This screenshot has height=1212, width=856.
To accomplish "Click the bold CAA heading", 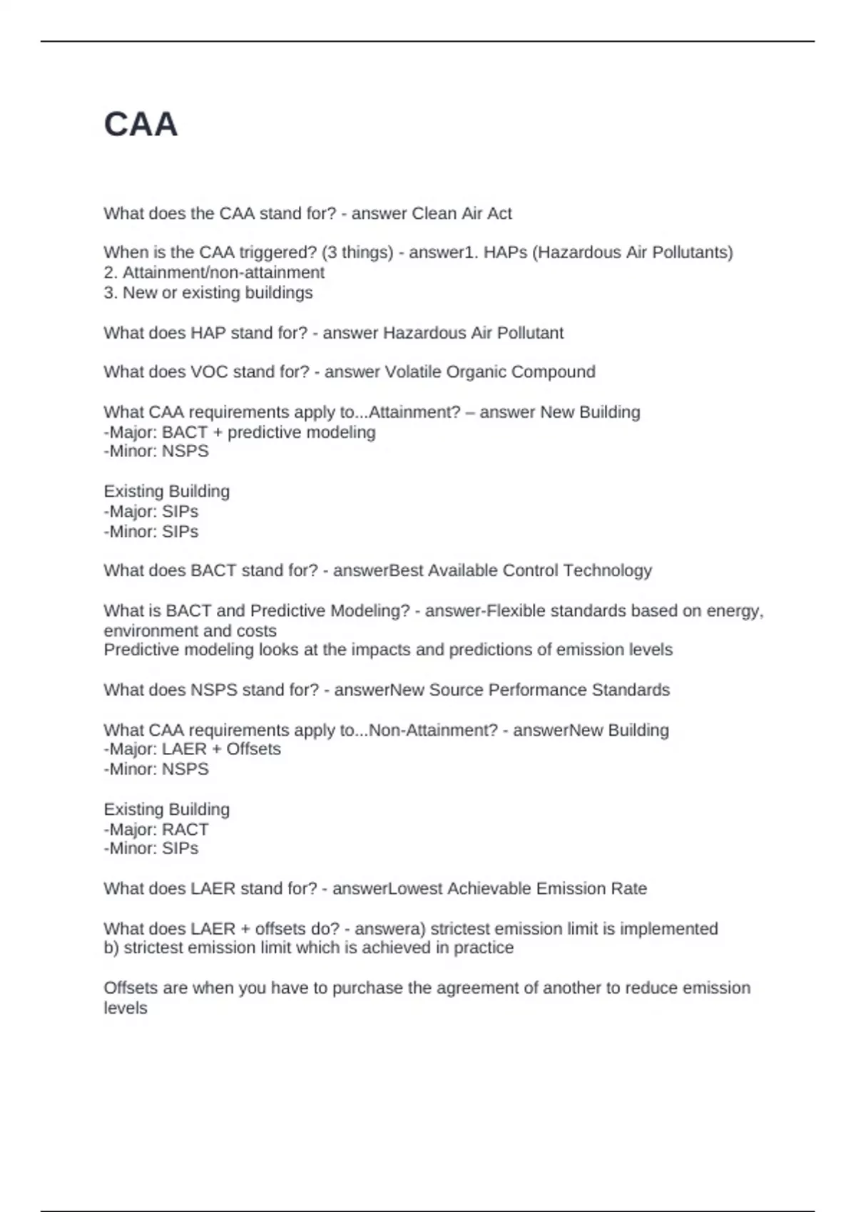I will (141, 125).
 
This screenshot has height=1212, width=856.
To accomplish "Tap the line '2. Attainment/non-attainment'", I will (214, 272).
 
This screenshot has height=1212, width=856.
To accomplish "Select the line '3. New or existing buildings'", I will (208, 292).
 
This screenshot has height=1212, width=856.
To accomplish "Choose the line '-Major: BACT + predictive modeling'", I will (240, 432).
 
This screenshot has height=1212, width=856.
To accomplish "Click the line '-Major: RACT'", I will (156, 829).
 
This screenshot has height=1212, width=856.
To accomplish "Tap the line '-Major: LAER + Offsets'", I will (192, 749).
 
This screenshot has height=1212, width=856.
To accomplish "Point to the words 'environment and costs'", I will (190, 631).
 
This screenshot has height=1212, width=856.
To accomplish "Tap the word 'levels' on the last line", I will (126, 1007).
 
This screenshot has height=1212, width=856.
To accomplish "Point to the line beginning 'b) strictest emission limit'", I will (308, 947).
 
